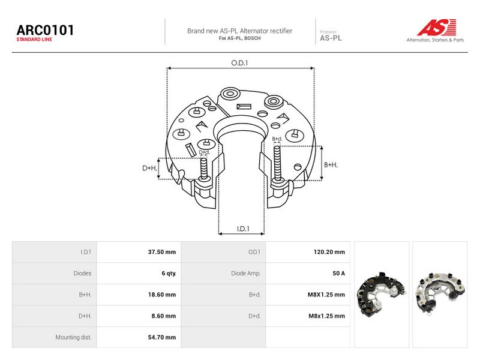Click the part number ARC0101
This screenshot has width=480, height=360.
click(x=45, y=31)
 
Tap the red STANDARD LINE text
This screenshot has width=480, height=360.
click(x=34, y=40)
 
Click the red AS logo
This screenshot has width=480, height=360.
click(x=437, y=27)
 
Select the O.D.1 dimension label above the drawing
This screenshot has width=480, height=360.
click(x=239, y=63)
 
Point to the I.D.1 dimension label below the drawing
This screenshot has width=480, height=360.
click(x=243, y=229)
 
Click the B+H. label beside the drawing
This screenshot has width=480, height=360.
click(x=331, y=164)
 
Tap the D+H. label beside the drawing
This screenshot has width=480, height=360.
click(x=149, y=168)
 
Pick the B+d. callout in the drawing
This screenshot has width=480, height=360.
click(x=277, y=139)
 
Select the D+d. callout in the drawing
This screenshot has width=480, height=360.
click(x=205, y=152)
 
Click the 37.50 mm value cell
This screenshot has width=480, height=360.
click(x=162, y=252)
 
